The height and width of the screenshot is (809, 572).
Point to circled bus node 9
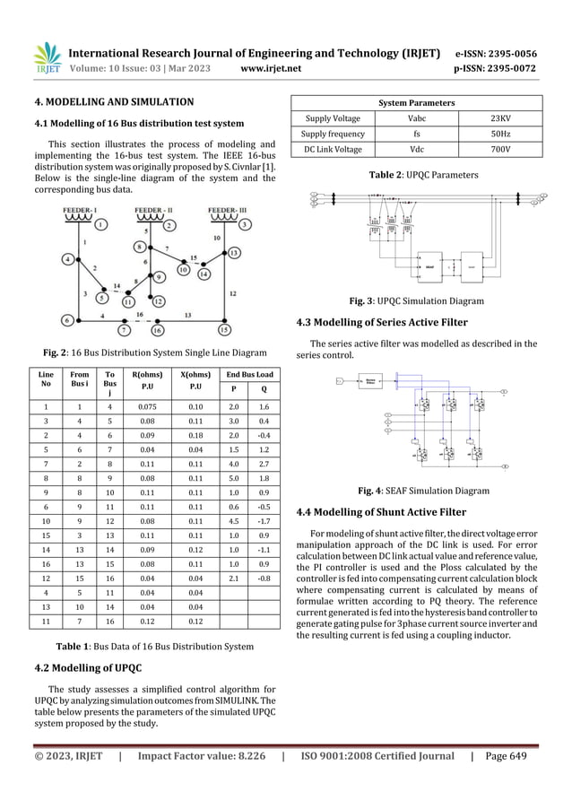tap(158, 276)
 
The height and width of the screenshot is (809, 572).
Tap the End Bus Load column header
tap(250, 375)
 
